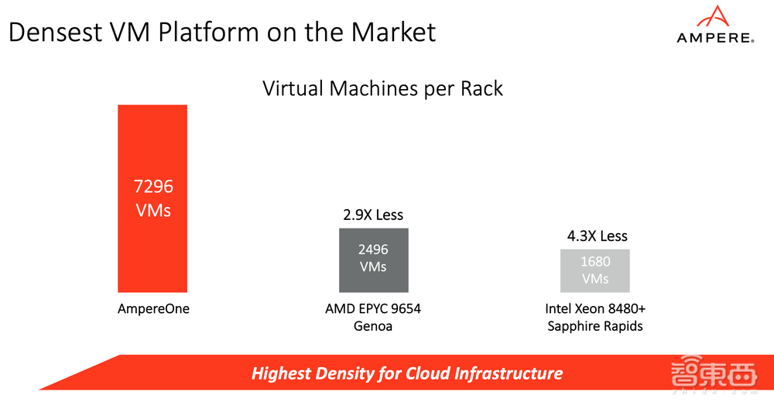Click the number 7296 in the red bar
153,187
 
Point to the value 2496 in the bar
374,250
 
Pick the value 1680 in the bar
595,263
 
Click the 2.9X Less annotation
374,215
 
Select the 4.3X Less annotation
596,235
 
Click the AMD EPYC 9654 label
373,309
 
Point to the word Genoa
373,326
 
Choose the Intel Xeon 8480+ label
595,309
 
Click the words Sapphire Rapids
595,326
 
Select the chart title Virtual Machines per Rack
383,88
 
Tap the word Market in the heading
394,32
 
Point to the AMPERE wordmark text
714,37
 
